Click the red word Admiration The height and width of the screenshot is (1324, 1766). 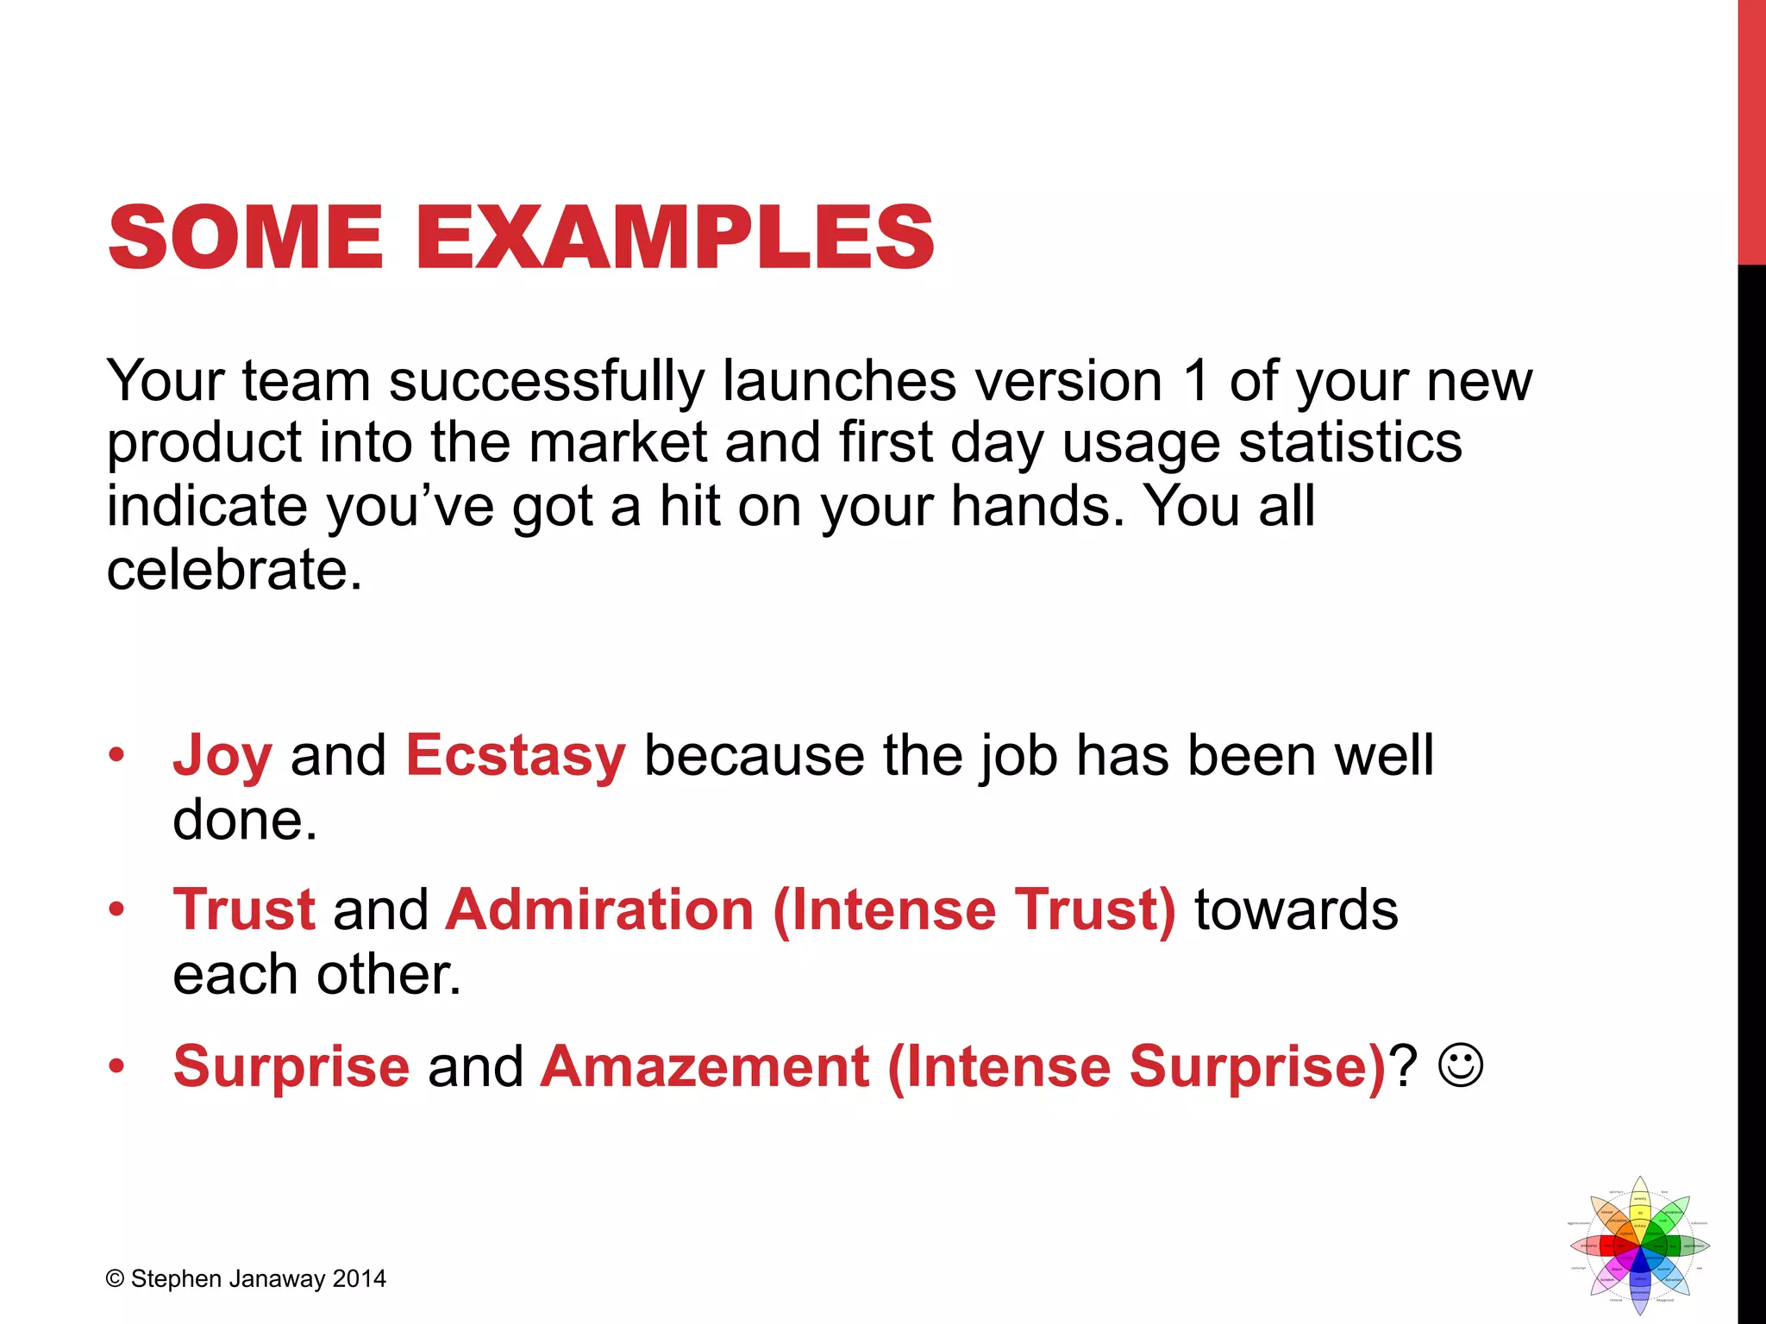600,910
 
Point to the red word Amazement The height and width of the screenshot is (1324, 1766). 705,1067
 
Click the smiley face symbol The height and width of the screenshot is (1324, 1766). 1460,1066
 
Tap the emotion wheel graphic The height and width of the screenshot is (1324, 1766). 1639,1246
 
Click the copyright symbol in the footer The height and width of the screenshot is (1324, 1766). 116,1279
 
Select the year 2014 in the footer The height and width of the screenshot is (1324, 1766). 359,1279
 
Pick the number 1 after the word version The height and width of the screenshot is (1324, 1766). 1195,382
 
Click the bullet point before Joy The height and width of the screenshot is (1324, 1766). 117,756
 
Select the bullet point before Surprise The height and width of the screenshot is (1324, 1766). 117,1067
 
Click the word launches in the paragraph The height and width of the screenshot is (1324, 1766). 839,382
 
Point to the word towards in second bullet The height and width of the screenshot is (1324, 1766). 1295,910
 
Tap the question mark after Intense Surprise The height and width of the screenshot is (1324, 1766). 1406,1067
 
